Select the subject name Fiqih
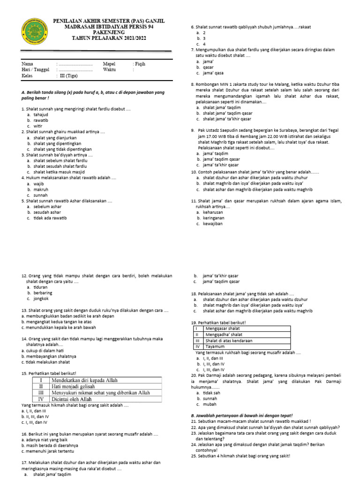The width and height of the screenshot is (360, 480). coord(140,63)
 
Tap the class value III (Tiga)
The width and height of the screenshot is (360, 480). coord(67,75)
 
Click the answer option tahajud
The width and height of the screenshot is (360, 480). coord(41,114)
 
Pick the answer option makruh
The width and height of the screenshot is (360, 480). coord(41,189)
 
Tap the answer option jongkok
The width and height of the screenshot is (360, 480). coord(41,299)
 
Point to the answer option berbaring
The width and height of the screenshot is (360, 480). coord(43,292)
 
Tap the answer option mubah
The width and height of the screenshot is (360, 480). coord(209,404)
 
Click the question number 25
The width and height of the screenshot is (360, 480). coord(194,455)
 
